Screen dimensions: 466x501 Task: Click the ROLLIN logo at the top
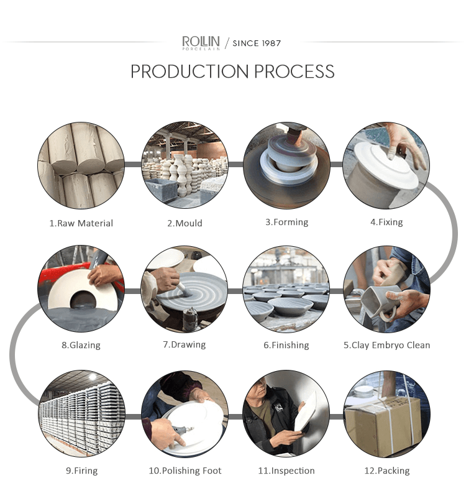pyautogui.click(x=201, y=43)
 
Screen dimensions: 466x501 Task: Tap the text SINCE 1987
pyautogui.click(x=257, y=43)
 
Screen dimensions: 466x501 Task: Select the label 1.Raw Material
pyautogui.click(x=81, y=223)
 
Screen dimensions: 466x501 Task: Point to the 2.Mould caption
pyautogui.click(x=185, y=223)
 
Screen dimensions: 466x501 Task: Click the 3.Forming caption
pyautogui.click(x=287, y=222)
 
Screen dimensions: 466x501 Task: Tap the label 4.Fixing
pyautogui.click(x=386, y=222)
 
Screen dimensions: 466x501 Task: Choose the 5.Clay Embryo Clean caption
pyautogui.click(x=387, y=345)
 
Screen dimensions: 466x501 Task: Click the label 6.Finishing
pyautogui.click(x=286, y=345)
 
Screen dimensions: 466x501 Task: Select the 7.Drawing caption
pyautogui.click(x=185, y=344)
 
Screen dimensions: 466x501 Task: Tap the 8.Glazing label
pyautogui.click(x=81, y=345)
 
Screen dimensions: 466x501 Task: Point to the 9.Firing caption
pyautogui.click(x=82, y=471)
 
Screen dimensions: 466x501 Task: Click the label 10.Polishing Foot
pyautogui.click(x=185, y=471)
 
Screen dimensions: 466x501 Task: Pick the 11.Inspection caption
pyautogui.click(x=286, y=471)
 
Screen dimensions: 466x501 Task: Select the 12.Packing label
pyautogui.click(x=387, y=471)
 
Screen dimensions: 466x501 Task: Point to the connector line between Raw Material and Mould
pyautogui.click(x=132, y=164)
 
